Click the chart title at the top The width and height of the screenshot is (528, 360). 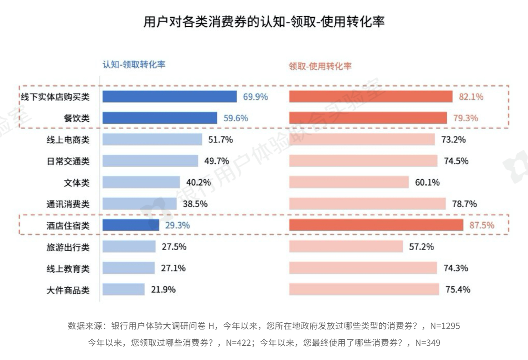264,21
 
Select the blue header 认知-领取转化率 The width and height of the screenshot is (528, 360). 134,64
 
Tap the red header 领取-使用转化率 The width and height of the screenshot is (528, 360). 320,66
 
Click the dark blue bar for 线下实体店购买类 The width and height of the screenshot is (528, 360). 169,97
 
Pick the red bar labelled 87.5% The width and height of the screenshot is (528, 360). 376,225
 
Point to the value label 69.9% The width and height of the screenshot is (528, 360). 255,97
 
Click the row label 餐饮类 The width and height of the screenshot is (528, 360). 77,118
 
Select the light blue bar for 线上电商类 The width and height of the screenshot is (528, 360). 152,139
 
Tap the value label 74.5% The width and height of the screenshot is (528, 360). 456,161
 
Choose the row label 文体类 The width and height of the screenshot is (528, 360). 77,183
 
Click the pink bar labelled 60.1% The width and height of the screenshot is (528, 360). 349,182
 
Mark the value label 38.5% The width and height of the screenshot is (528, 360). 195,204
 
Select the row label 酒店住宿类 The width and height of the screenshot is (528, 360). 68,226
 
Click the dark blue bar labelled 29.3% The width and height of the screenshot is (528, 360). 131,225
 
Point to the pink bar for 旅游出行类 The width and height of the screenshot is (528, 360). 346,247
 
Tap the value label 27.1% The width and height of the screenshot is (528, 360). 173,268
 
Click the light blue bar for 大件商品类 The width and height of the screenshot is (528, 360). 123,290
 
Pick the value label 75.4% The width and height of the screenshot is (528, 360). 457,290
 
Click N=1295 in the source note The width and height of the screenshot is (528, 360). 445,326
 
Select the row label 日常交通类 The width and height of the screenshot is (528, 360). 68,161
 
